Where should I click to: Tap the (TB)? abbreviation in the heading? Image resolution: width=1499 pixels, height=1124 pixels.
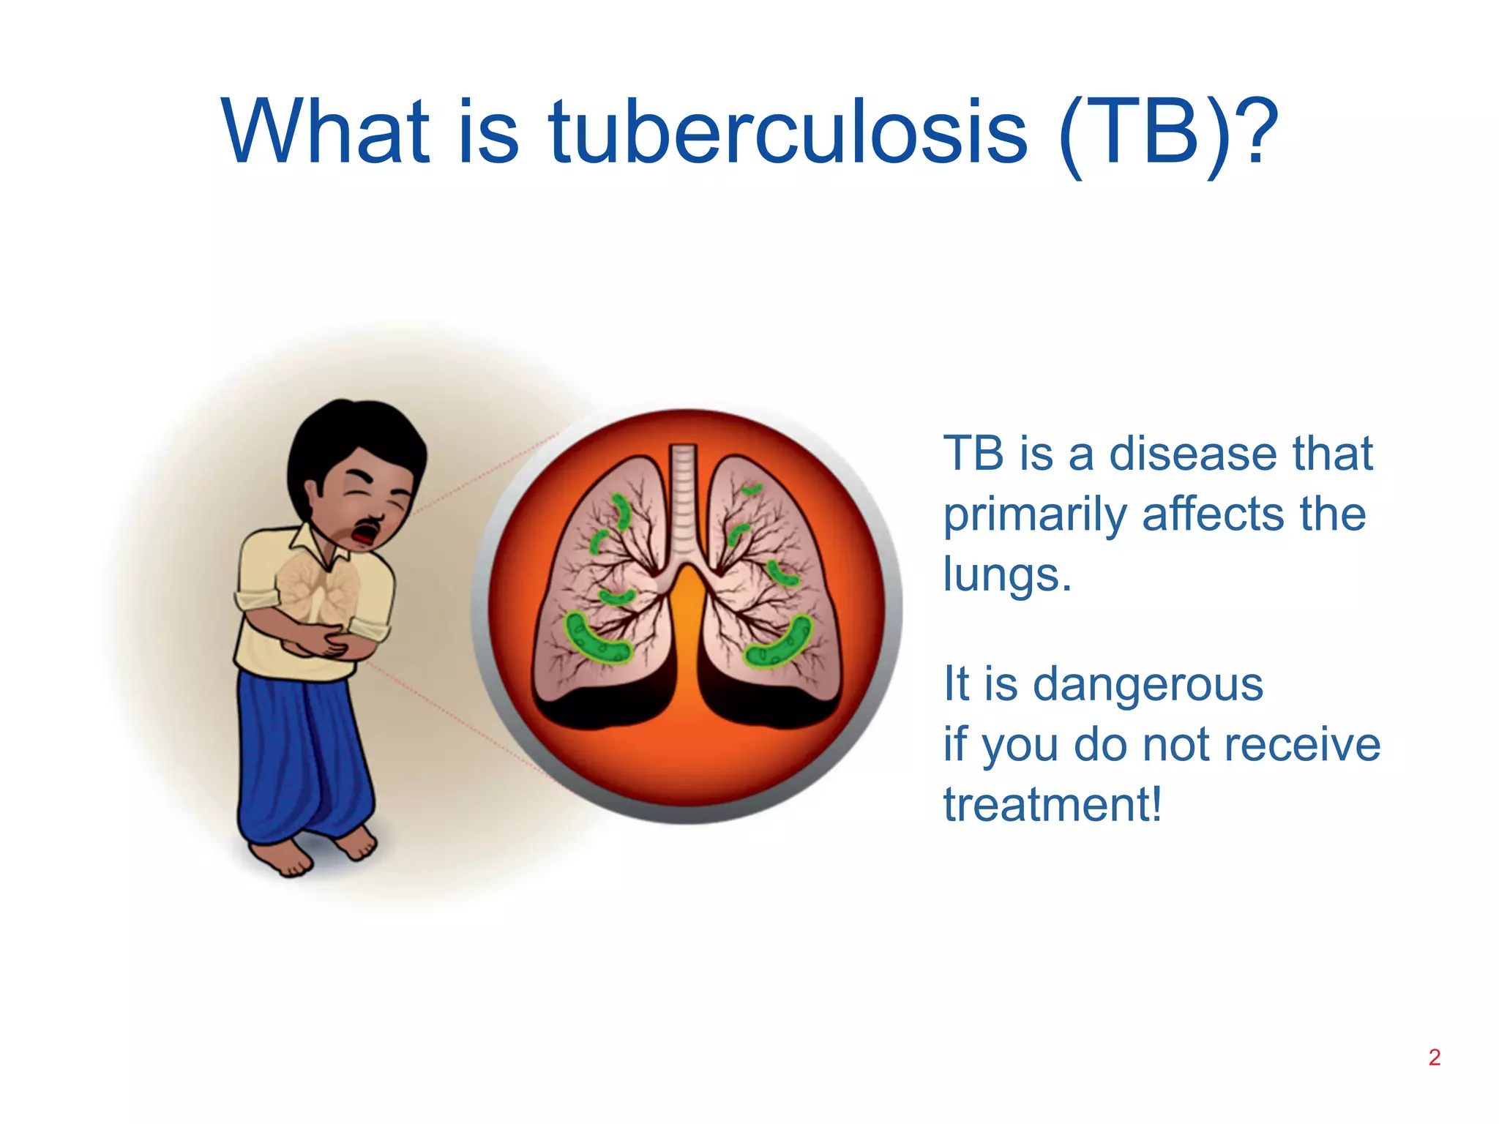[x=1167, y=134]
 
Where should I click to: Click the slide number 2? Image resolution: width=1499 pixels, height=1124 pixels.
[x=1434, y=1057]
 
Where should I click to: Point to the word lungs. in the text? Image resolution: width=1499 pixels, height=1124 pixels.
[x=1006, y=574]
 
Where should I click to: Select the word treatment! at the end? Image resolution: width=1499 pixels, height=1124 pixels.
[x=1052, y=805]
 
